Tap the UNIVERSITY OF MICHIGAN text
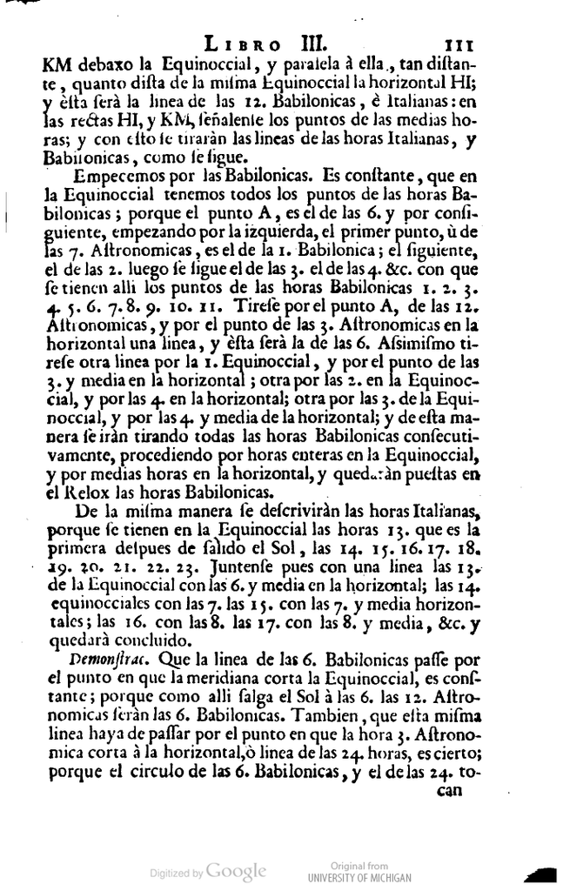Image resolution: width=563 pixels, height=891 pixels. (359, 878)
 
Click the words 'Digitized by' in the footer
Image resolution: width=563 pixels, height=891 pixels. (177, 872)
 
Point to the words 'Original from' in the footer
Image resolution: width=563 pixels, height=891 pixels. (359, 867)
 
